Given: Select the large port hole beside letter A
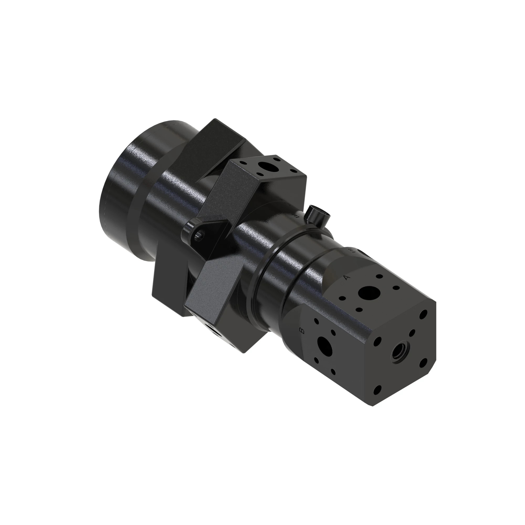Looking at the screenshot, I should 369,293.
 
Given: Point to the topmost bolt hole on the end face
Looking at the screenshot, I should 423,316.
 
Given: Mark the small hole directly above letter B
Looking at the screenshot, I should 316,321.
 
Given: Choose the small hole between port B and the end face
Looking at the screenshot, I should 333,333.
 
